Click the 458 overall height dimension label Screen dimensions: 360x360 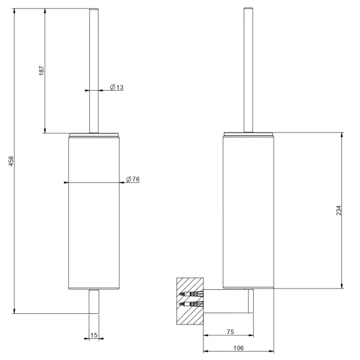(11, 161)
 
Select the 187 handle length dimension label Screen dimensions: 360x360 (41, 70)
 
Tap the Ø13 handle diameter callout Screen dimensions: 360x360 (116, 87)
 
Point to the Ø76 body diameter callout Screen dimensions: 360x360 (133, 179)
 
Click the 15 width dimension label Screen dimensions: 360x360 (94, 335)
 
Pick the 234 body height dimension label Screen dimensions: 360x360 (338, 211)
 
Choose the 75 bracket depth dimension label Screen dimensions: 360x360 (230, 332)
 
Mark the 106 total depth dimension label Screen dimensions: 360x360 (239, 348)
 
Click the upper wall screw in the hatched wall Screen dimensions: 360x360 (191, 293)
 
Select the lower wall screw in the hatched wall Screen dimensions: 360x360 (191, 304)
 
